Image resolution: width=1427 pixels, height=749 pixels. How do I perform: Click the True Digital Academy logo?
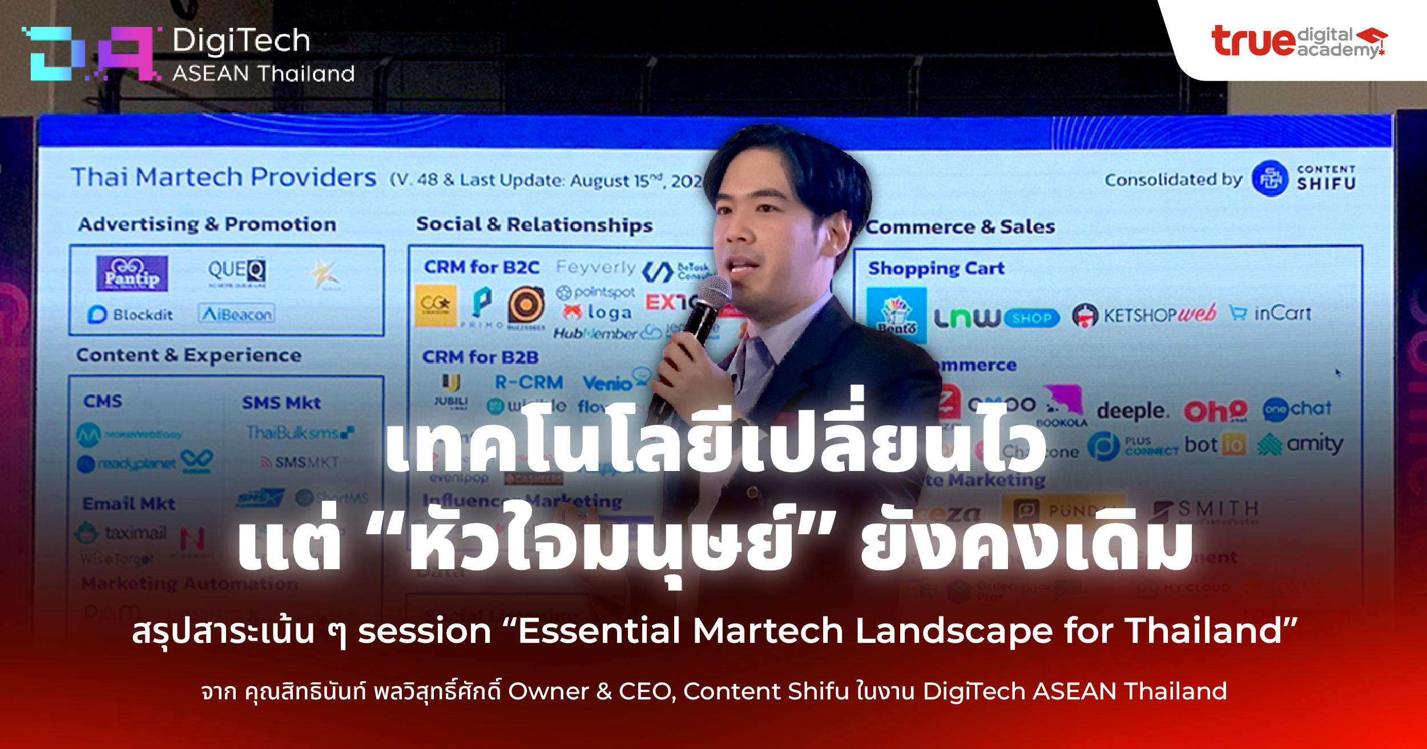pyautogui.click(x=1299, y=41)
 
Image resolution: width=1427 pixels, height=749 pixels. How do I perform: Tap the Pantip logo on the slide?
pyautogui.click(x=132, y=273)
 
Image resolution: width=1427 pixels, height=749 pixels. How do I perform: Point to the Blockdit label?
pyautogui.click(x=131, y=315)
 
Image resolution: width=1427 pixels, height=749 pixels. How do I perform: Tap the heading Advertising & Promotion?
pyautogui.click(x=207, y=224)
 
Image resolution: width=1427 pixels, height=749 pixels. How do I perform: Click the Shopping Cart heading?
pyautogui.click(x=936, y=268)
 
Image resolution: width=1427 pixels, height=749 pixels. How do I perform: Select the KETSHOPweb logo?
pyautogui.click(x=1144, y=314)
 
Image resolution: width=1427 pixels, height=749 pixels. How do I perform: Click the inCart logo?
pyautogui.click(x=1271, y=313)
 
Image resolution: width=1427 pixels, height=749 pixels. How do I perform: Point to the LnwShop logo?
pyautogui.click(x=996, y=317)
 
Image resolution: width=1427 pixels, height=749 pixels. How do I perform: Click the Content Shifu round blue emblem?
pyautogui.click(x=1269, y=179)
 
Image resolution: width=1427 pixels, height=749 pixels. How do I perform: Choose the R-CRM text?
pyautogui.click(x=529, y=382)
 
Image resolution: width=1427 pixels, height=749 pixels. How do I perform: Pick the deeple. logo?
pyautogui.click(x=1132, y=410)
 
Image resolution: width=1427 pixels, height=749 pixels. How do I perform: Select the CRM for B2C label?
pyautogui.click(x=481, y=267)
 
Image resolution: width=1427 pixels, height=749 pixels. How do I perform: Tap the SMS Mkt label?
pyautogui.click(x=281, y=402)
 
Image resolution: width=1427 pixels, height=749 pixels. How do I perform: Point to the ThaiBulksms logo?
pyautogui.click(x=299, y=433)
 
